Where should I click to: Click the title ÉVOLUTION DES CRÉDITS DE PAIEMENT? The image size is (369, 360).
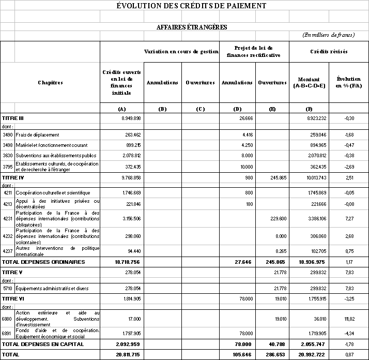tap(191, 6)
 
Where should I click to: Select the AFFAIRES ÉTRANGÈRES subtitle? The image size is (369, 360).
tap(192, 27)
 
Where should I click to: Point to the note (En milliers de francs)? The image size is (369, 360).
tap(329, 35)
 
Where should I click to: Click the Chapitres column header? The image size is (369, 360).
tap(50, 82)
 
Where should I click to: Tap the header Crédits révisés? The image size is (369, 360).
tap(329, 52)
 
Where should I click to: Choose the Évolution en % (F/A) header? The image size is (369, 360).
tap(348, 82)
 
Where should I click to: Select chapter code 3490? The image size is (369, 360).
tap(8, 135)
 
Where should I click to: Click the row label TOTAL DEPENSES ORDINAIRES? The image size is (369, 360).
tap(43, 262)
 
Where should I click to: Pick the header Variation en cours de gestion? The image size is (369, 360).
tap(181, 52)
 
